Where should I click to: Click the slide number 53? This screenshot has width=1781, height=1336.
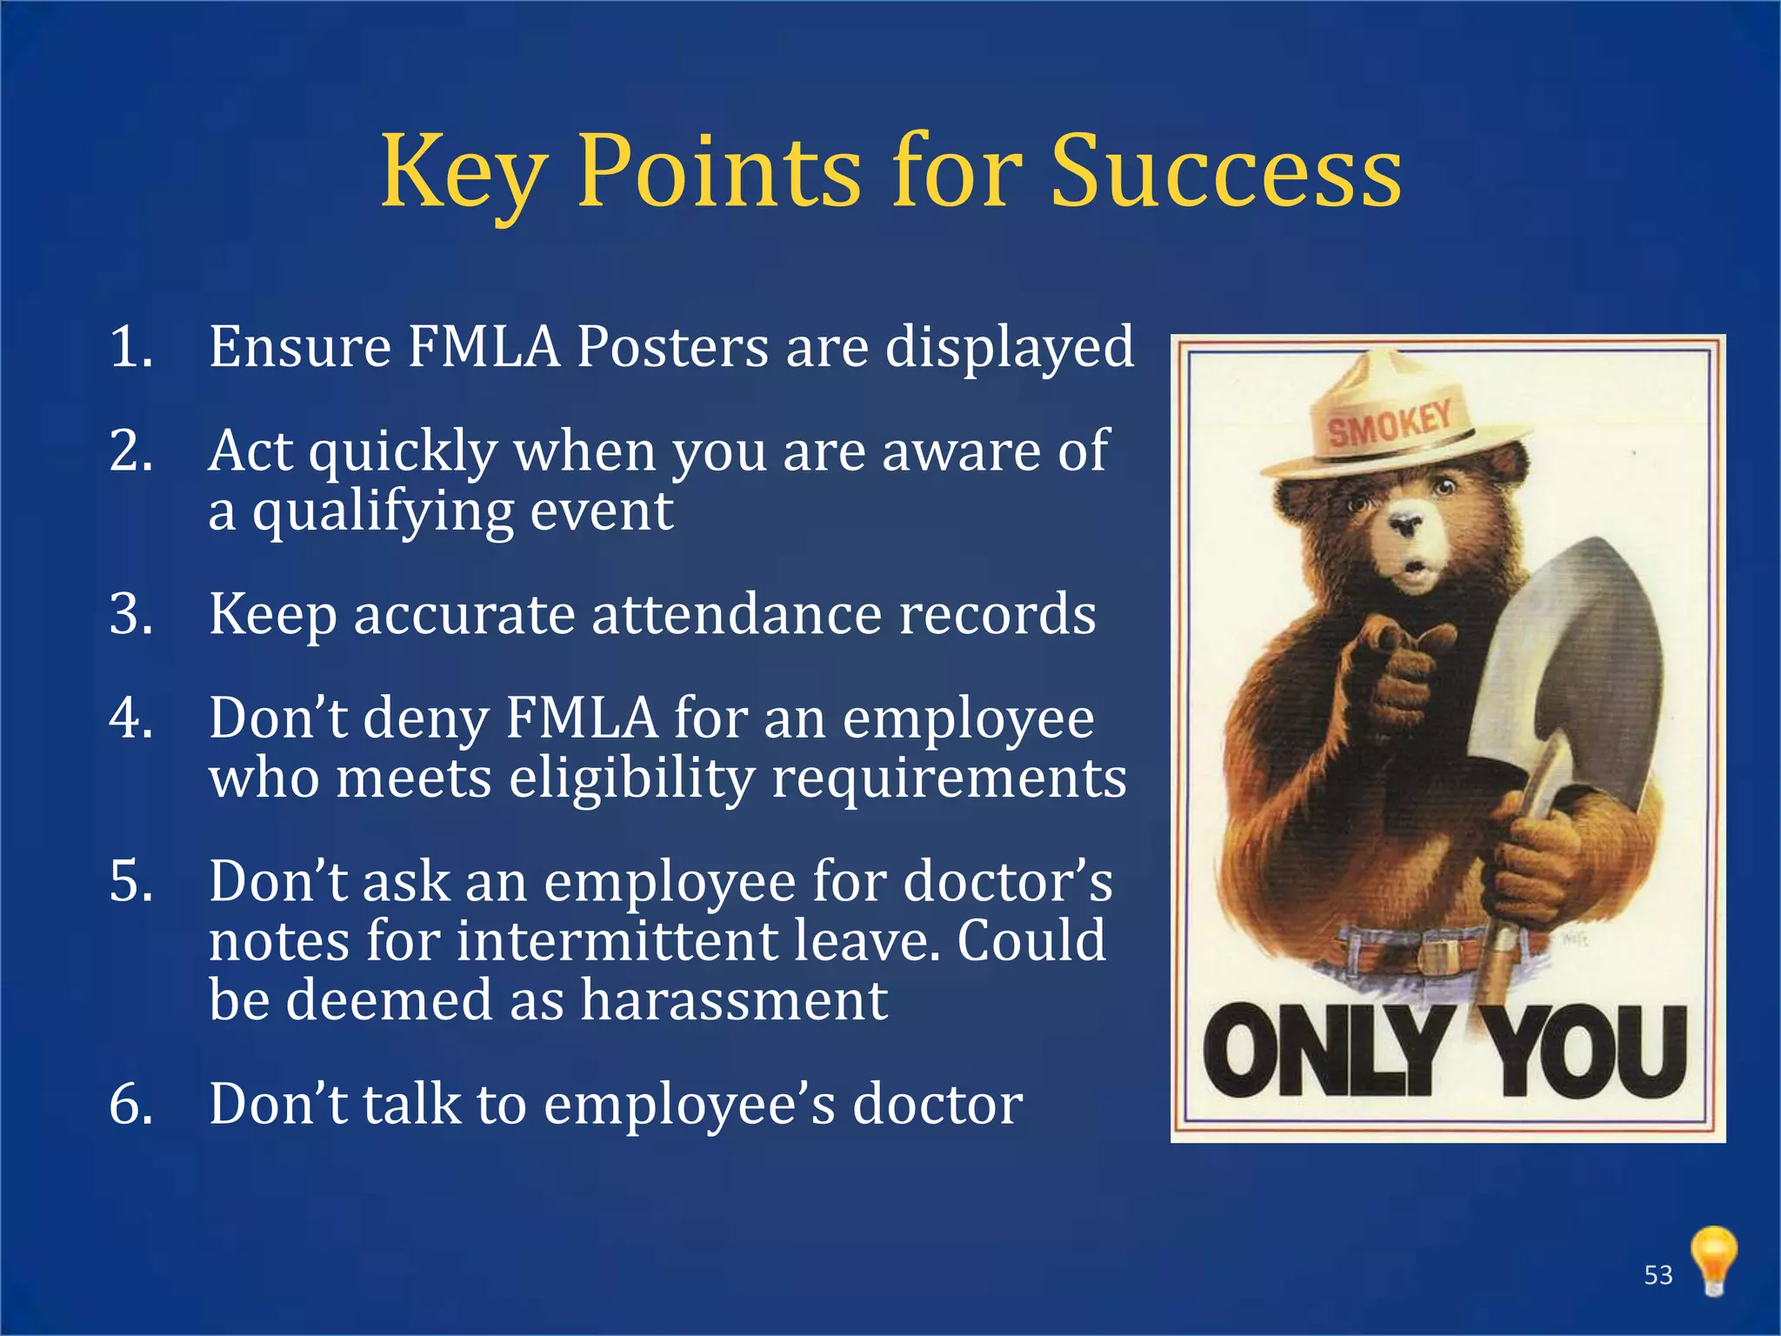(x=1658, y=1275)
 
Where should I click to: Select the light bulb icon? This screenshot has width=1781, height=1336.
(x=1713, y=1259)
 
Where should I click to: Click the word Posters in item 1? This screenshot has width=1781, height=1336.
(x=673, y=347)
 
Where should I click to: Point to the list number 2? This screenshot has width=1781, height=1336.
(x=131, y=451)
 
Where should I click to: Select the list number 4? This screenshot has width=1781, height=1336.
(x=131, y=718)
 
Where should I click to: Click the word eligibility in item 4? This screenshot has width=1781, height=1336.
(x=632, y=778)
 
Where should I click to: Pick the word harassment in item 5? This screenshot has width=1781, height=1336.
(x=733, y=1000)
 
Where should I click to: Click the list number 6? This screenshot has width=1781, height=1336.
(x=131, y=1104)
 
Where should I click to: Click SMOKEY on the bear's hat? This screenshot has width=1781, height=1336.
(x=1389, y=423)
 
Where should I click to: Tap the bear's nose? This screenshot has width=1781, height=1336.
(x=1404, y=524)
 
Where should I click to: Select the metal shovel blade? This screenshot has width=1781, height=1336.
(x=1574, y=661)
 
